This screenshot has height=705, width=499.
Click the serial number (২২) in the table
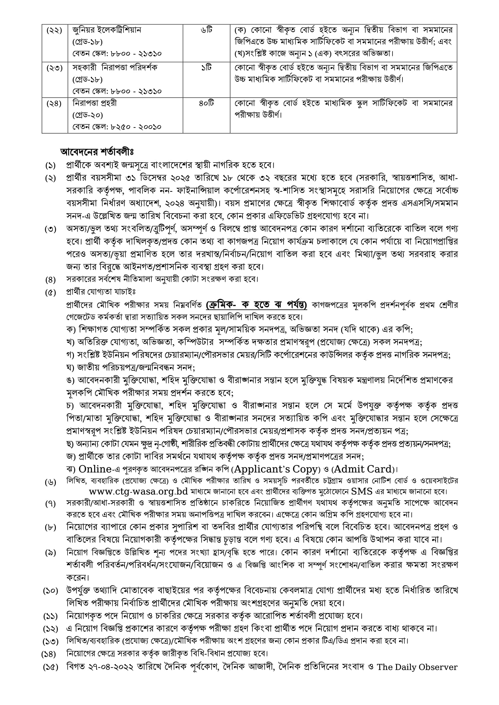[54, 31]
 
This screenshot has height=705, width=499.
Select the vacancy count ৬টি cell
[206, 30]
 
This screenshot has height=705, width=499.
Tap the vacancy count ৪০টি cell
[206, 103]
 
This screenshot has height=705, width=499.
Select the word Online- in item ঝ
[95, 469]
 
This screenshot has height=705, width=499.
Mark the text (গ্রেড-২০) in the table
[87, 115]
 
